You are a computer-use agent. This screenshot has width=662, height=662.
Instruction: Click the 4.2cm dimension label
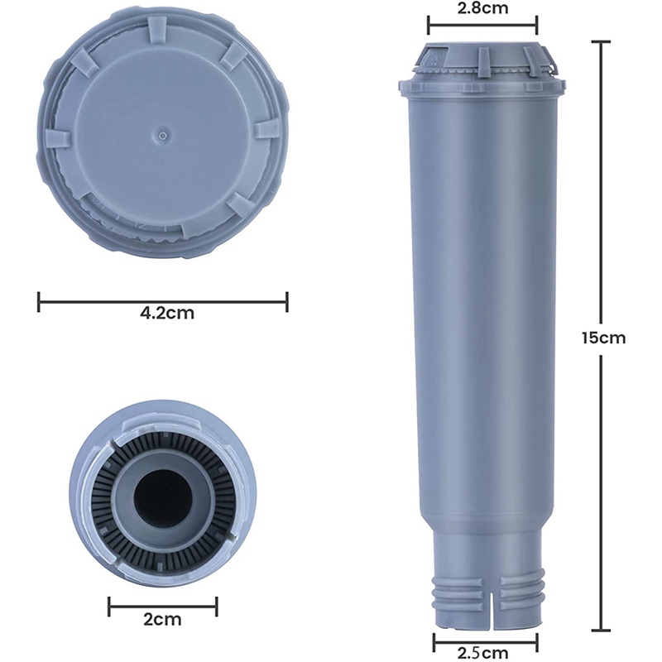pyautogui.click(x=167, y=314)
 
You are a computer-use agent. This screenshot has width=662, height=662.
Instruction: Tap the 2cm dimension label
pyautogui.click(x=162, y=620)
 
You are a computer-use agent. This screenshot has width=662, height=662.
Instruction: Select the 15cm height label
pyautogui.click(x=603, y=338)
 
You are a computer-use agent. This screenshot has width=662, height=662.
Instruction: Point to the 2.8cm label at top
pyautogui.click(x=482, y=8)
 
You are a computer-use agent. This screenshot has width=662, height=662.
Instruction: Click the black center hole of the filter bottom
pyautogui.click(x=162, y=497)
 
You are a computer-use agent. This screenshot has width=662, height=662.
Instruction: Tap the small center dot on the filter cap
pyautogui.click(x=162, y=135)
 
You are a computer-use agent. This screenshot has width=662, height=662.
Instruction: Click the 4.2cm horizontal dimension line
pyautogui.click(x=163, y=302)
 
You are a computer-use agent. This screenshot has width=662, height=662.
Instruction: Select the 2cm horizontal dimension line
pyautogui.click(x=162, y=607)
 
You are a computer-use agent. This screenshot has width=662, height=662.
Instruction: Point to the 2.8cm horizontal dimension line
pyautogui.click(x=482, y=26)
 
